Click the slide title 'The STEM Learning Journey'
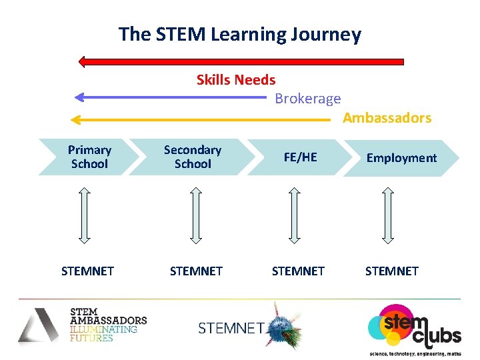[240, 34]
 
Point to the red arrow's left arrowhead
[83, 62]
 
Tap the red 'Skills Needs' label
[236, 80]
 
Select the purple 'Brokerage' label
[307, 99]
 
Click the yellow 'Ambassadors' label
[387, 118]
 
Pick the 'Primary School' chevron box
[89, 157]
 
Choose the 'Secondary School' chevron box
[192, 157]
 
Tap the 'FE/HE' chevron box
[300, 157]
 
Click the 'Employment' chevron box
[401, 158]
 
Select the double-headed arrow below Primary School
[84, 215]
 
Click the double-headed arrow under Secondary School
[195, 215]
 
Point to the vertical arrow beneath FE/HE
[294, 215]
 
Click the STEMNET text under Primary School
[87, 271]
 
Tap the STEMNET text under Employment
[392, 271]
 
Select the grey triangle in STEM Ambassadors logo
[39, 325]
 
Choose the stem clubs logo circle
[393, 325]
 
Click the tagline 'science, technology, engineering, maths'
[415, 353]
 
